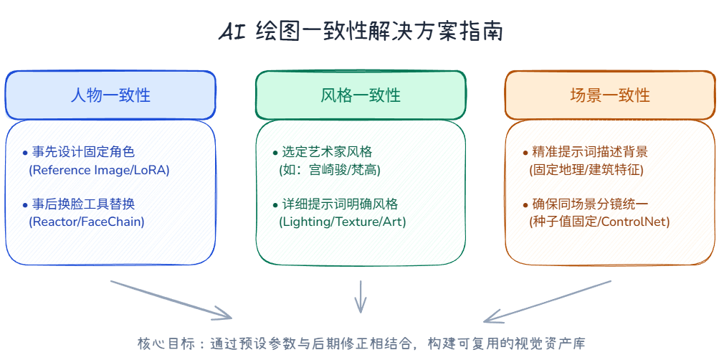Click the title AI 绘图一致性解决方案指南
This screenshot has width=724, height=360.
[x=361, y=33]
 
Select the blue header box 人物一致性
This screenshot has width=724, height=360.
[x=110, y=95]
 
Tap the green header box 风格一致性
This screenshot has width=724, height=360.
[x=361, y=95]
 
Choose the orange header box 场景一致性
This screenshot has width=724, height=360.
[x=610, y=95]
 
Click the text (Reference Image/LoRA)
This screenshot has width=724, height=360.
[x=99, y=170]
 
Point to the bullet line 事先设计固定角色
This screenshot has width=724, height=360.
[x=79, y=151]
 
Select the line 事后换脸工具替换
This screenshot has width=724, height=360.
[x=79, y=204]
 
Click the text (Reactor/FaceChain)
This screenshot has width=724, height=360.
[x=87, y=222]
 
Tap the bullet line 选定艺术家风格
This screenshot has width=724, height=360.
[x=323, y=151]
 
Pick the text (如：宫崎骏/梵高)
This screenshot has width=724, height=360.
[x=330, y=170]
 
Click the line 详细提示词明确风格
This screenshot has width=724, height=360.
[x=335, y=204]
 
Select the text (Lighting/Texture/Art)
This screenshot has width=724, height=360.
[x=342, y=222]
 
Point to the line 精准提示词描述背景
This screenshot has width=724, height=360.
[x=585, y=151]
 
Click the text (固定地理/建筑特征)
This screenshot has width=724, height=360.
[x=586, y=170]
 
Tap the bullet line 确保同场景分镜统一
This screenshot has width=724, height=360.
[x=585, y=204]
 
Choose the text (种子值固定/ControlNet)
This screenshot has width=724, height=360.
[x=599, y=222]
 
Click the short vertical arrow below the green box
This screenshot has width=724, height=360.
[x=360, y=297]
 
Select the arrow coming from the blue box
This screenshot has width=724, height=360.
[x=171, y=300]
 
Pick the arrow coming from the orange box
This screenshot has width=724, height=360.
[x=547, y=301]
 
